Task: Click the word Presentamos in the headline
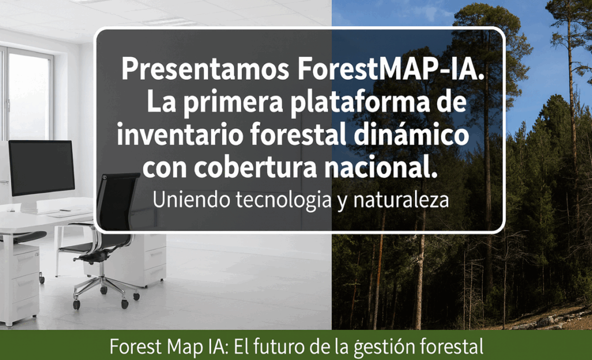pyautogui.click(x=205, y=69)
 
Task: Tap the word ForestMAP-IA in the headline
pyautogui.click(x=391, y=69)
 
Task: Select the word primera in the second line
pyautogui.click(x=234, y=102)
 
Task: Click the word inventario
pyautogui.click(x=179, y=135)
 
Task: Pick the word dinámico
pyautogui.click(x=411, y=135)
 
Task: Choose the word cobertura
pyautogui.click(x=256, y=168)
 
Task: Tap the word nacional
pyautogui.click(x=380, y=168)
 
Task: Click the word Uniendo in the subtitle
pyautogui.click(x=191, y=199)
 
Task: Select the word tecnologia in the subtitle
pyautogui.click(x=283, y=201)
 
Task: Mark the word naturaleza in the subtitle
pyautogui.click(x=401, y=199)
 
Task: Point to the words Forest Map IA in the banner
pyautogui.click(x=169, y=346)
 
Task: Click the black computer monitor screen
pyautogui.click(x=42, y=168)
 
